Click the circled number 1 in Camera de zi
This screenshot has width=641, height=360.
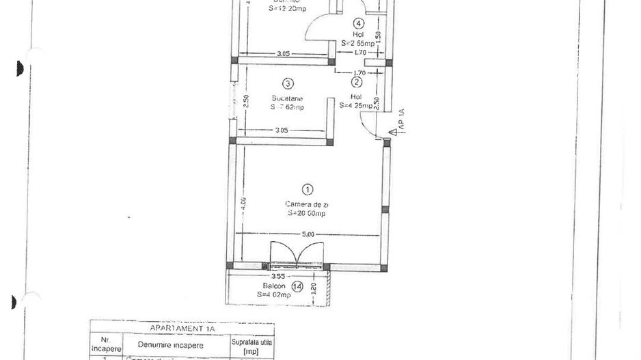tap(308, 189)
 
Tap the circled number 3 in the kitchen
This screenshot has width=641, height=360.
tap(288, 83)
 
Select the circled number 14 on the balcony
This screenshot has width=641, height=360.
tap(297, 286)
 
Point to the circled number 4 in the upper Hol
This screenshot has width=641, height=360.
tap(359, 23)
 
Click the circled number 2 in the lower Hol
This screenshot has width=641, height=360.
tap(357, 82)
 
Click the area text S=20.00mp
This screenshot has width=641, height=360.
tap(307, 213)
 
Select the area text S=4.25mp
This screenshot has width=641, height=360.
tap(357, 105)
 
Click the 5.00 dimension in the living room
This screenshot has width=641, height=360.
tap(308, 234)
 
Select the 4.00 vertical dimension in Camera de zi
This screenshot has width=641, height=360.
tap(243, 203)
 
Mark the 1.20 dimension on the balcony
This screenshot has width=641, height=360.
tap(314, 288)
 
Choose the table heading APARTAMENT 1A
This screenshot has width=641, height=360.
tap(182, 329)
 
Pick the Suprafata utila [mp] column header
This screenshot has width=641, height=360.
tap(251, 345)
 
